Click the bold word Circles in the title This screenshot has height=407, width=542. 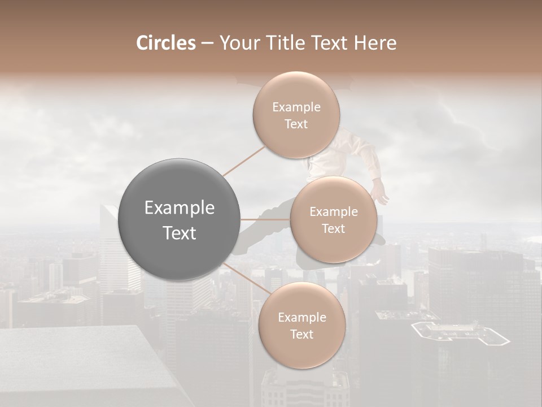[165, 43]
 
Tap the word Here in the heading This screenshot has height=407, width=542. [375, 43]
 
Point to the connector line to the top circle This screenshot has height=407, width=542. [244, 161]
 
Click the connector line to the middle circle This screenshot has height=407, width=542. [265, 219]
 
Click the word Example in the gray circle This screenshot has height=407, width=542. [180, 208]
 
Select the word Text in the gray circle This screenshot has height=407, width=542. [180, 233]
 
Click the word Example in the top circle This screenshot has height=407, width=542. [296, 107]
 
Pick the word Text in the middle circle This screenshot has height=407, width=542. [334, 228]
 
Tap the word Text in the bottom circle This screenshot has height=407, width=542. [301, 334]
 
